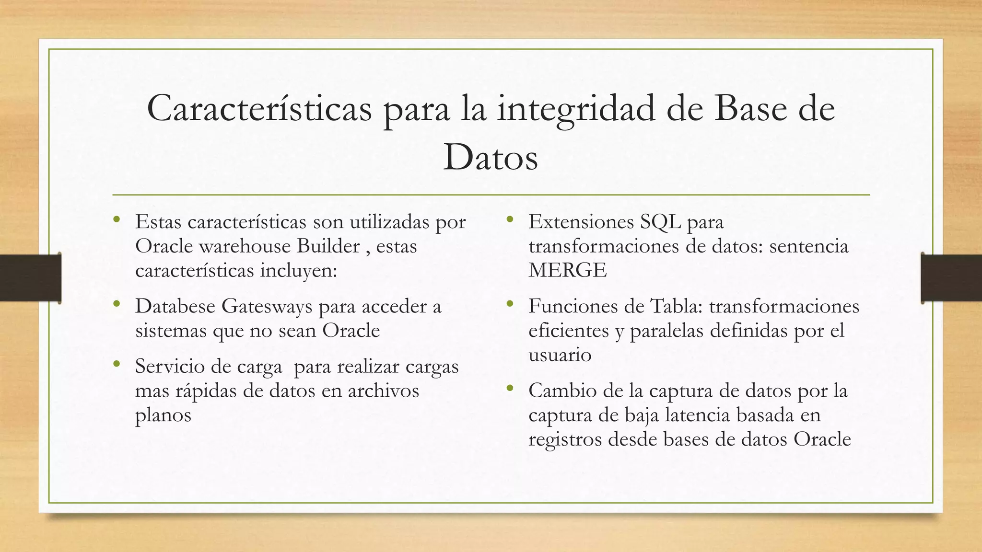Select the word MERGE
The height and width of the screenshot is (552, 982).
(567, 271)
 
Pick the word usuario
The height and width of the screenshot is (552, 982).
(560, 355)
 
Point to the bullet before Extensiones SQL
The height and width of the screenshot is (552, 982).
(510, 220)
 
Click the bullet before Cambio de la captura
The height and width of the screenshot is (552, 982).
(510, 389)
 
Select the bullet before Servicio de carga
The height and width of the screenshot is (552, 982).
(117, 365)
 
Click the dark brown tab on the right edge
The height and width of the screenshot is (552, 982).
(951, 278)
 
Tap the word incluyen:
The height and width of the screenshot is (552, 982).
(299, 271)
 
